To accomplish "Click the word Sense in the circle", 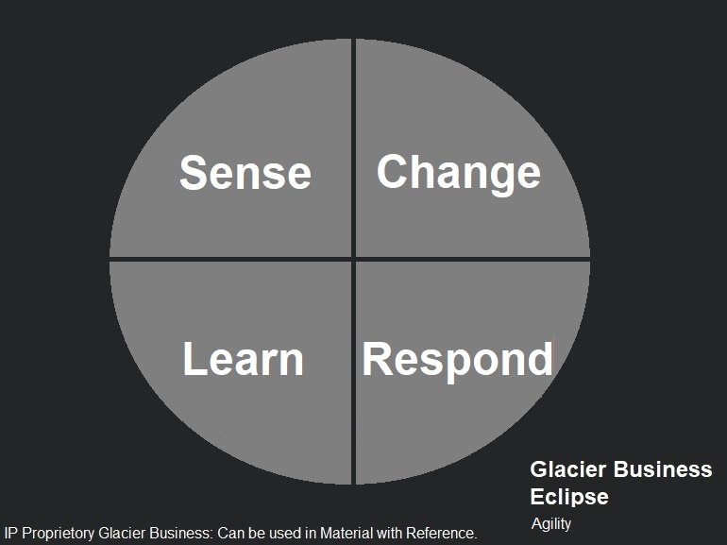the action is click(245, 173).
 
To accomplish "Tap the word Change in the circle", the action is click(459, 175).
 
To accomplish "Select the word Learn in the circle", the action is click(244, 359).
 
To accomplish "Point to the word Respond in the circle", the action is click(457, 362).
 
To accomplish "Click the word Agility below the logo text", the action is click(551, 524).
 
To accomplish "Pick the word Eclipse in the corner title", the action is click(569, 498).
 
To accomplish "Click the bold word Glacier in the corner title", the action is click(568, 469).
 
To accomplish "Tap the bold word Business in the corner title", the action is click(663, 469).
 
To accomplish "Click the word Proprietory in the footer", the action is click(58, 534).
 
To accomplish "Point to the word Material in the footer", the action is click(347, 533).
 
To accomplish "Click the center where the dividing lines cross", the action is click(353, 259).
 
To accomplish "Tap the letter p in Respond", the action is click(457, 366).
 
